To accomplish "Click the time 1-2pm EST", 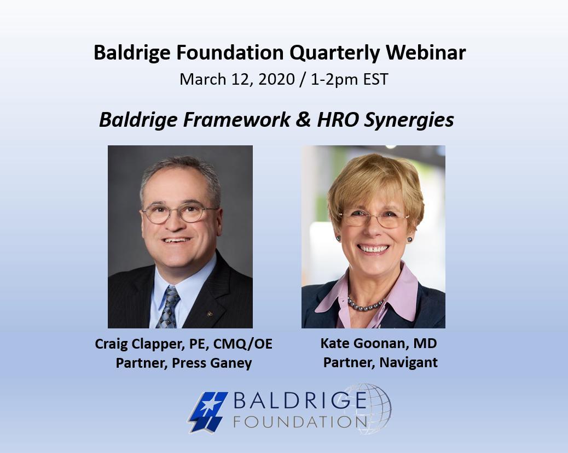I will point(349,79).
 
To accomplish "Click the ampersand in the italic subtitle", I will point(304,120).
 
